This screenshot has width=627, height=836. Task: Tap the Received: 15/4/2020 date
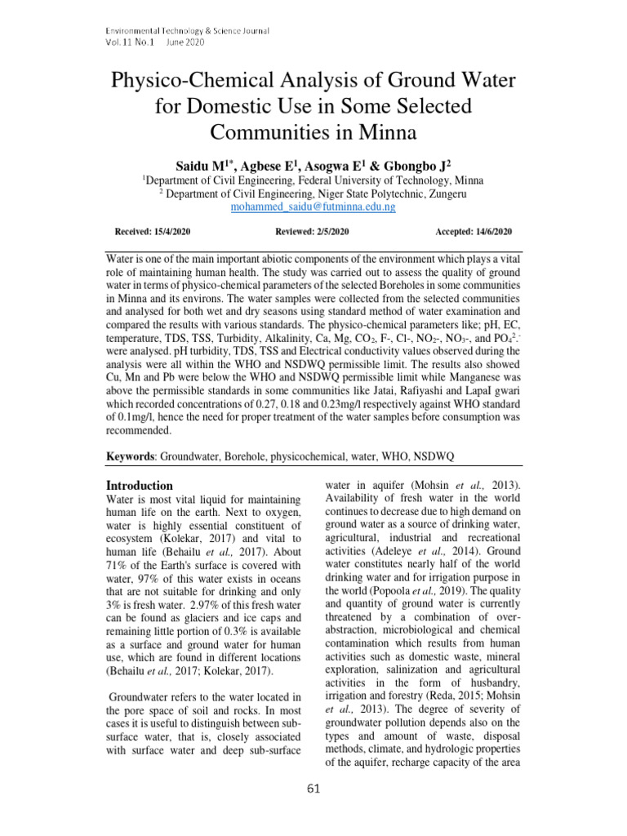tap(153, 233)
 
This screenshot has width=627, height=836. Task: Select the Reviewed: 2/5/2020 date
tap(313, 233)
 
